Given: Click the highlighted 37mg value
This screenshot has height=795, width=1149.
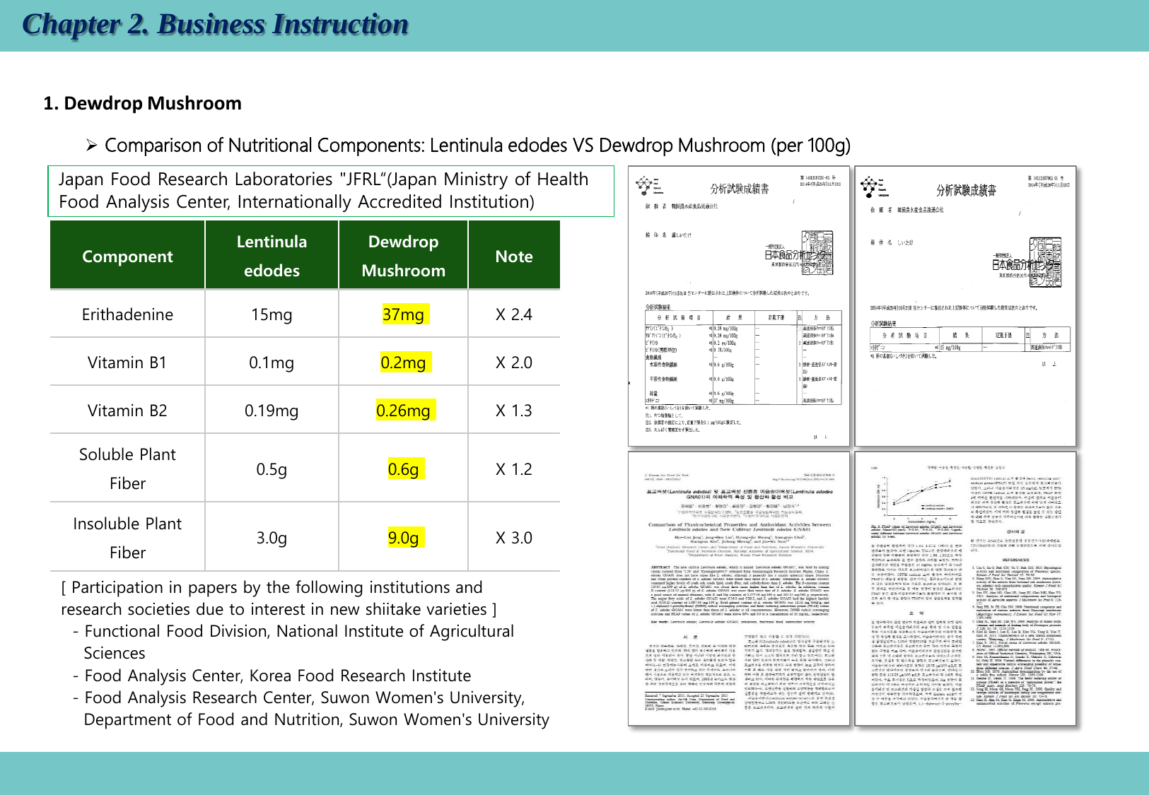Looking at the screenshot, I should click(404, 314).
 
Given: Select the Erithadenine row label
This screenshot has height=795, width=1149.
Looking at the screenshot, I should click(127, 314).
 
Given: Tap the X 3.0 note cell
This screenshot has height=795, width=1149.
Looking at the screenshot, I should click(514, 538).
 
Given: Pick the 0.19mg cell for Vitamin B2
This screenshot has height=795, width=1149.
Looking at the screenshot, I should click(272, 411).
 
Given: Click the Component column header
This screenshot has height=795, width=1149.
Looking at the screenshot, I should click(127, 257).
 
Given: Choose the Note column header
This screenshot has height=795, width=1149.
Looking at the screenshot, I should click(514, 257).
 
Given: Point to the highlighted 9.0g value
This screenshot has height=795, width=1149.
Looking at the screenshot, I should click(404, 538).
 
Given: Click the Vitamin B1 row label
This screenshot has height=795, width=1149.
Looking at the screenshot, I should click(127, 363).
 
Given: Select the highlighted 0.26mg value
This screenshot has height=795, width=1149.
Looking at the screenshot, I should click(404, 411).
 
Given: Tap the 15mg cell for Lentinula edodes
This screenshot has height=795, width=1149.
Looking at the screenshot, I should click(272, 314).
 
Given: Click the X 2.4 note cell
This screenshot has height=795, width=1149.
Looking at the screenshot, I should click(514, 314).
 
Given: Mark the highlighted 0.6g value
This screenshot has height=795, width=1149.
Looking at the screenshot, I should click(404, 469).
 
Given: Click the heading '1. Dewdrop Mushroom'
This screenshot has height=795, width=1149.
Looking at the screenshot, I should click(142, 103).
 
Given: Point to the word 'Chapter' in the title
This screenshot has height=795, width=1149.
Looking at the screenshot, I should click(71, 24).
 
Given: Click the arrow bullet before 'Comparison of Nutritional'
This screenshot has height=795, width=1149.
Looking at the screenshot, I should click(91, 146).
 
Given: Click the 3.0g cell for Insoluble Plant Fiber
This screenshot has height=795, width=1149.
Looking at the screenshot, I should click(272, 538).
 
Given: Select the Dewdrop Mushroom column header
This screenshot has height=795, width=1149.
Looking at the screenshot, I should click(404, 257).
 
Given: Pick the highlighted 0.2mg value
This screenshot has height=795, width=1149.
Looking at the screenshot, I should click(404, 363).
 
